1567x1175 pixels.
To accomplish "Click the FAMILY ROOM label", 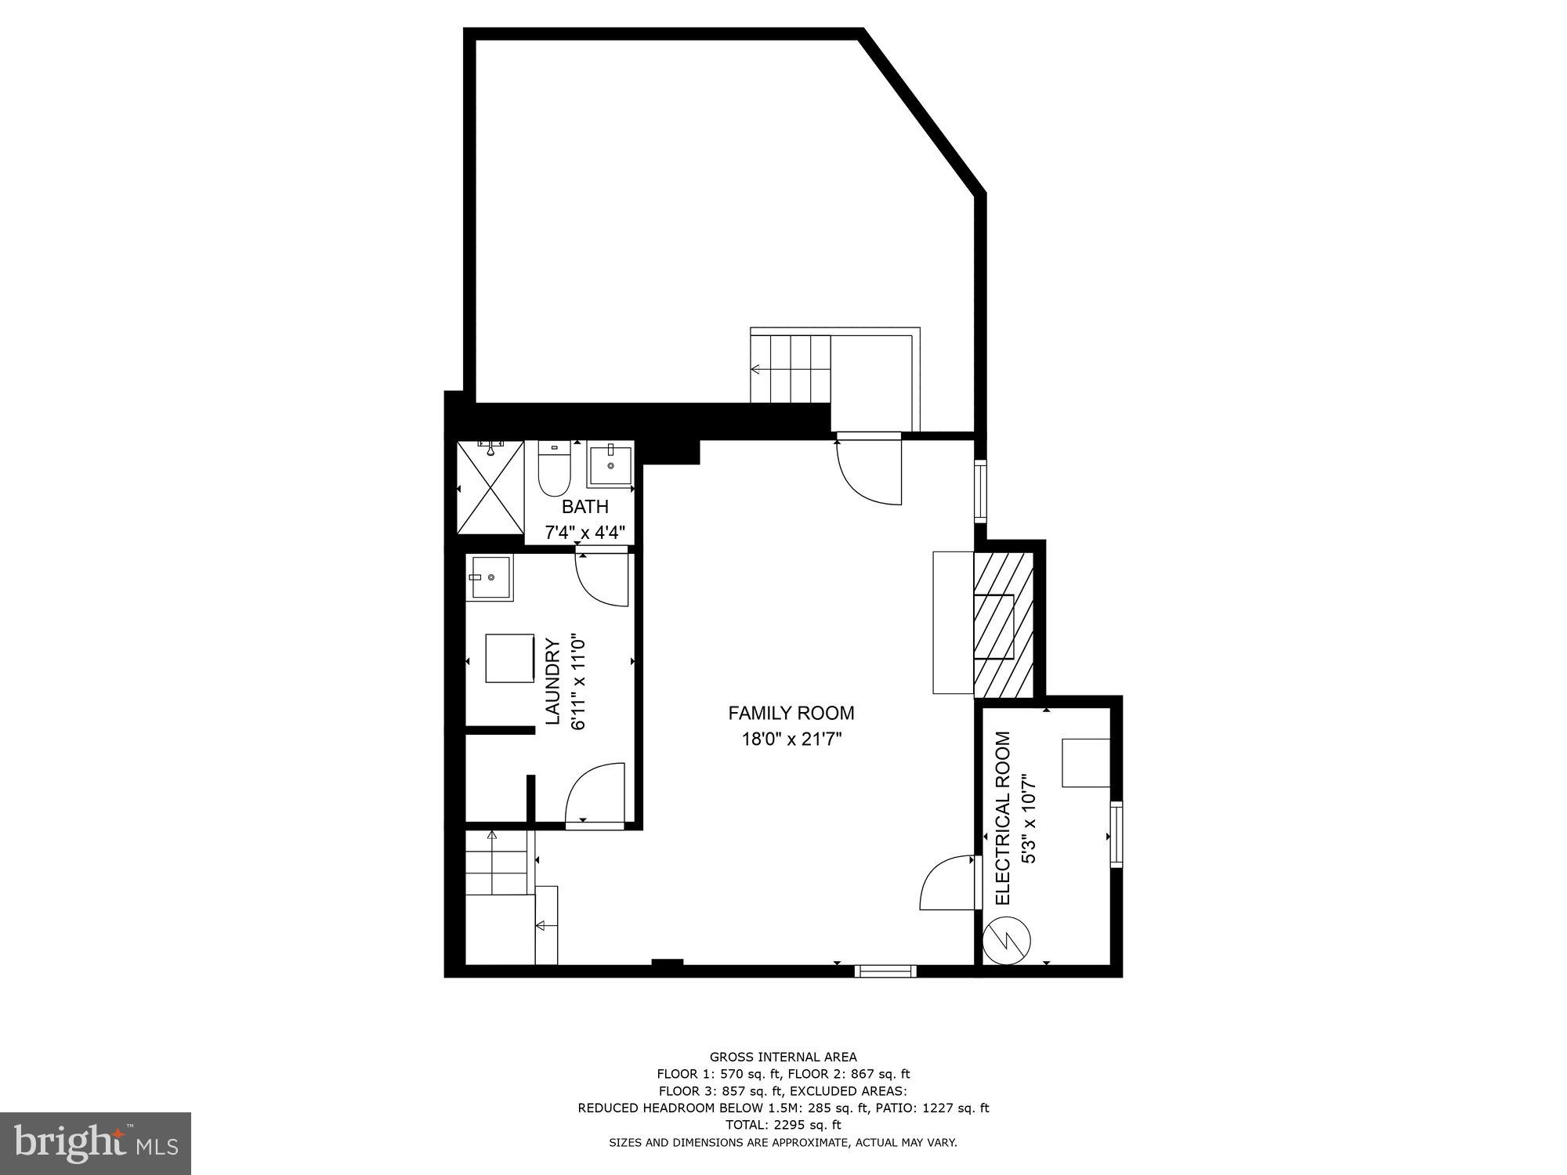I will click(x=791, y=713).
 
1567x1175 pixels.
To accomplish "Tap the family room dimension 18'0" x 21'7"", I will click(x=791, y=739).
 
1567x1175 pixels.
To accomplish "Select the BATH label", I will click(x=584, y=507).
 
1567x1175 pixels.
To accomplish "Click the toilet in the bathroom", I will click(x=555, y=468).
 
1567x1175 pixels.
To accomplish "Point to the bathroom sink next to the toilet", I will click(x=610, y=465).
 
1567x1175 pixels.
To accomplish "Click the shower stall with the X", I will click(x=490, y=488).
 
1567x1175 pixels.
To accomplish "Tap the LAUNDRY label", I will click(x=552, y=681).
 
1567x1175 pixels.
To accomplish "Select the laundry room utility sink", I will click(x=489, y=578).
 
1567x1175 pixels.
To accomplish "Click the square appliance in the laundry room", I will click(x=509, y=659).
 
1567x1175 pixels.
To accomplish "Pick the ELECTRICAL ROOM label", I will click(x=1003, y=818).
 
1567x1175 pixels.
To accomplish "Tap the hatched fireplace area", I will click(x=1004, y=624).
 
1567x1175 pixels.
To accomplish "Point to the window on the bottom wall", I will click(x=885, y=971).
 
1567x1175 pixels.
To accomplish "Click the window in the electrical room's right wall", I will click(x=1116, y=833).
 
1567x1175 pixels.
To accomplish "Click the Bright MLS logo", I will click(x=96, y=1144).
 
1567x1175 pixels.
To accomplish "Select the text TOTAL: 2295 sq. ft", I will click(x=783, y=1125).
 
